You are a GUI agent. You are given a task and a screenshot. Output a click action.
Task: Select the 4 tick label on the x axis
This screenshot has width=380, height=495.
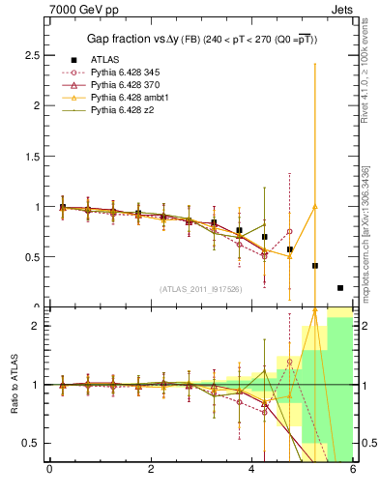pos(252,470)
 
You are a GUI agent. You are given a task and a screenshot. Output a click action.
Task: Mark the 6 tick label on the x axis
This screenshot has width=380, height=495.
pos(353,470)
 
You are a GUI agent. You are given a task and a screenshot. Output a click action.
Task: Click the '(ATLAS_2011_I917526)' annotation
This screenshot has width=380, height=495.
pos(200,288)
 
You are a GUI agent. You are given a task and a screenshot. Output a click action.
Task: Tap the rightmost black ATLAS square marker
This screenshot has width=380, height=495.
pos(340,288)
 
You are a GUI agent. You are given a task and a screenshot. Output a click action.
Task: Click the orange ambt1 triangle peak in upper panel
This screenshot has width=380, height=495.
pos(315,206)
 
